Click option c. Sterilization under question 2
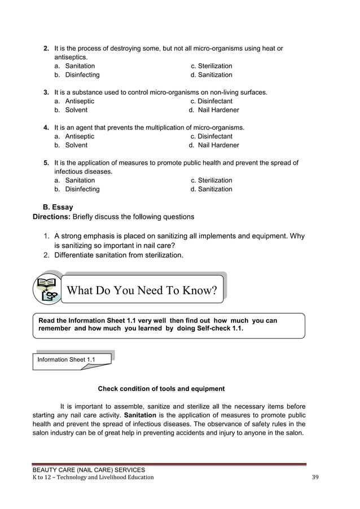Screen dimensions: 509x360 (x=211, y=66)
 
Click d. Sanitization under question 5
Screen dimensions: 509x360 (x=211, y=189)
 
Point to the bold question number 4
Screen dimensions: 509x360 (x=47, y=128)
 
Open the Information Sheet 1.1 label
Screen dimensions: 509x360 (x=66, y=359)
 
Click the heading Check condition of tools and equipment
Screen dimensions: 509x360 (x=161, y=389)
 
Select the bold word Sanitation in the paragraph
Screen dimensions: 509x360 (x=141, y=415)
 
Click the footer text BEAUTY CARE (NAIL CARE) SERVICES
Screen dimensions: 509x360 (x=89, y=469)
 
